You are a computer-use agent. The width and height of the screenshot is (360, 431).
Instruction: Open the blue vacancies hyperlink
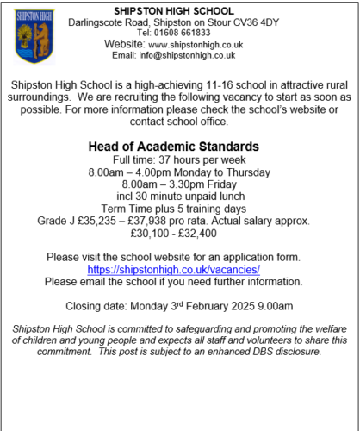point(179,269)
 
